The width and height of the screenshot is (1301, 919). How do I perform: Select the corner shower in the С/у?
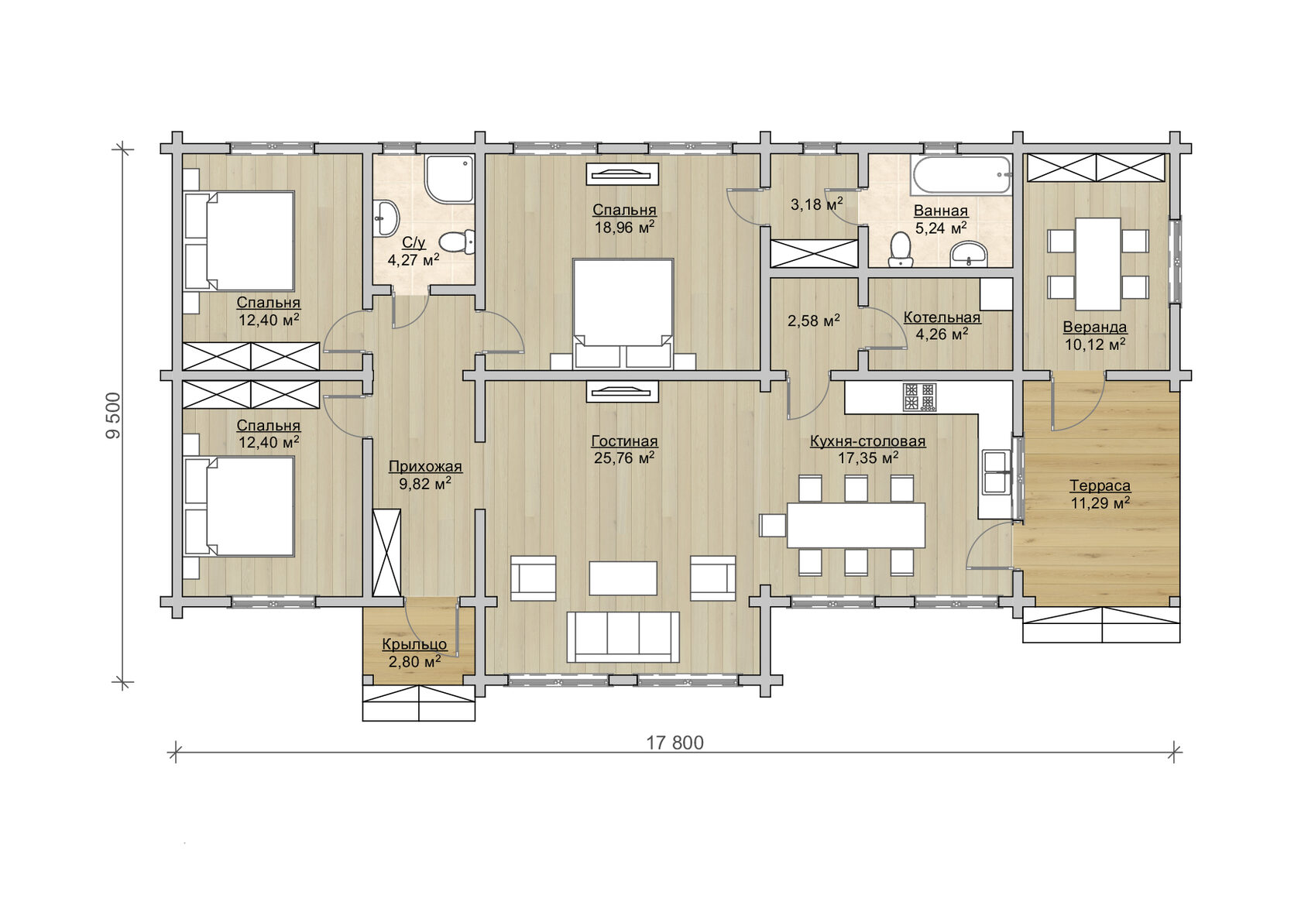coord(449,179)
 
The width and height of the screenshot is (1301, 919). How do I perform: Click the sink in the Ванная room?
coord(968,254)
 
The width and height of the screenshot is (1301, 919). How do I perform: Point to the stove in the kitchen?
coord(919,397)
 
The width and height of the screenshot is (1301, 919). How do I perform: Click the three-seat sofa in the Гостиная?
coord(623,637)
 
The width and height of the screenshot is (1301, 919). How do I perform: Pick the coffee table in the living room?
coord(623,578)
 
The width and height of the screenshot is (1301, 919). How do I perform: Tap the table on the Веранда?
coord(1098,264)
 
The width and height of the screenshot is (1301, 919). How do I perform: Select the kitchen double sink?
coord(996,472)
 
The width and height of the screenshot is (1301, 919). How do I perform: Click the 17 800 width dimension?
coord(675,743)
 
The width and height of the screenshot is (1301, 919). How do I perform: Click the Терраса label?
coord(1100,485)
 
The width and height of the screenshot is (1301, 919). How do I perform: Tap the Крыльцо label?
coord(414,644)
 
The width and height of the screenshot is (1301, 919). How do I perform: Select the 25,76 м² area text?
coord(624,458)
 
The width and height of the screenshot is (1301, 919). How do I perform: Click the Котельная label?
coord(942,317)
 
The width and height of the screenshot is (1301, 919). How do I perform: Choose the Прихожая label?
coord(425,466)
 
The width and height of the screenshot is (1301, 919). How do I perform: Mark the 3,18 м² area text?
coord(816,204)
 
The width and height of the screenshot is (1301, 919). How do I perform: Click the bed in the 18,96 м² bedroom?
coord(623,314)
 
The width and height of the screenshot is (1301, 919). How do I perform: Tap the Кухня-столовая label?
coord(867,441)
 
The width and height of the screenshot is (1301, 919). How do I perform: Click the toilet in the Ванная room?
coord(900,249)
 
